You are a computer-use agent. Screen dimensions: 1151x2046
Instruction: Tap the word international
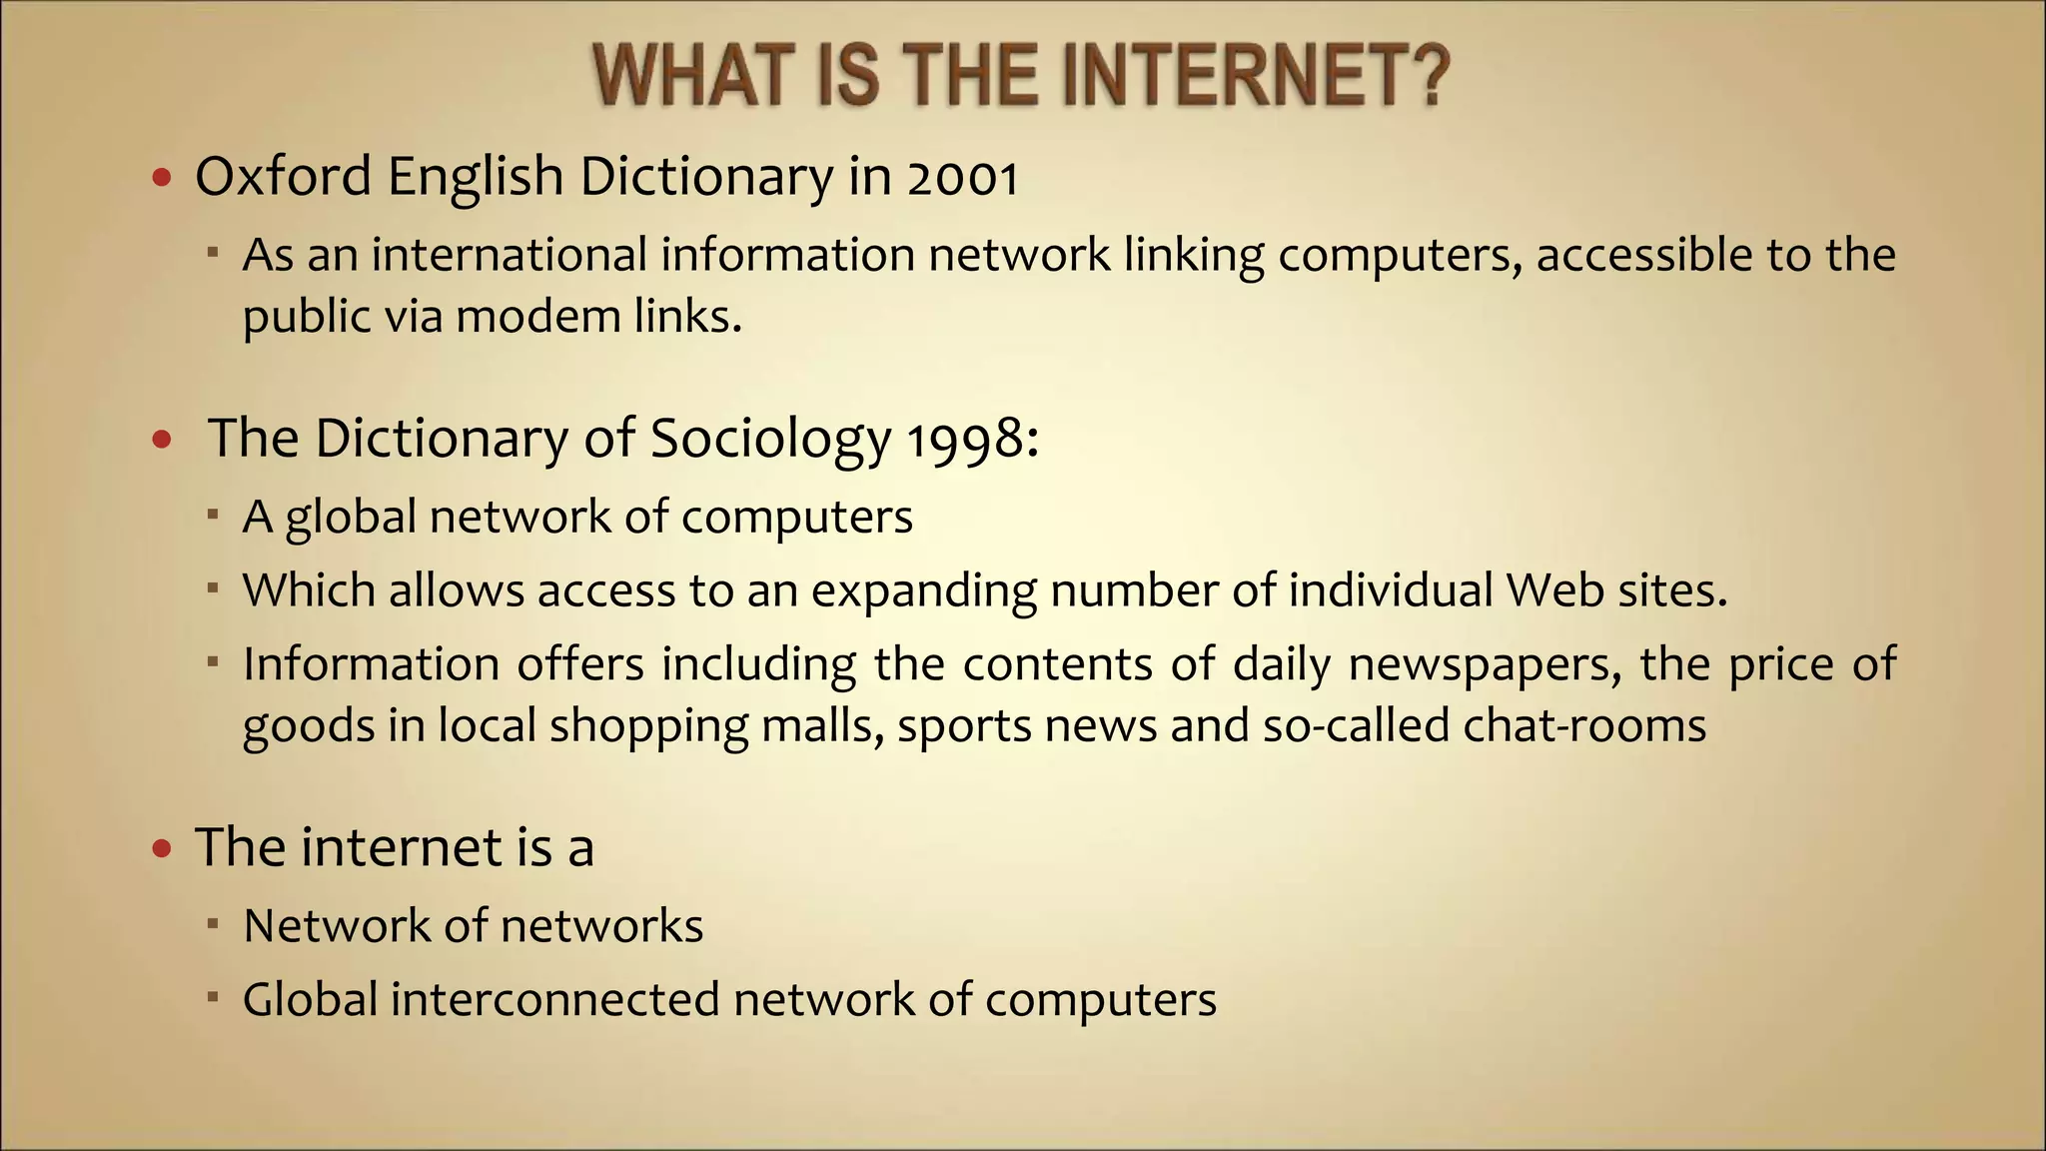(510, 255)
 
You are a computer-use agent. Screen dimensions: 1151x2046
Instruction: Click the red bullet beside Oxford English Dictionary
(162, 179)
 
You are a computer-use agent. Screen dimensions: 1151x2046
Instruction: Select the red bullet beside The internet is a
(162, 850)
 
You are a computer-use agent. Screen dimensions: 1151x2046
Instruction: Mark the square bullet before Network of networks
(213, 924)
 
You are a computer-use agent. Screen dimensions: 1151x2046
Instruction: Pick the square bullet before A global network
(213, 516)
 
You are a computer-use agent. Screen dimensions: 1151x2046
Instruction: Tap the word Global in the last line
(310, 999)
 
